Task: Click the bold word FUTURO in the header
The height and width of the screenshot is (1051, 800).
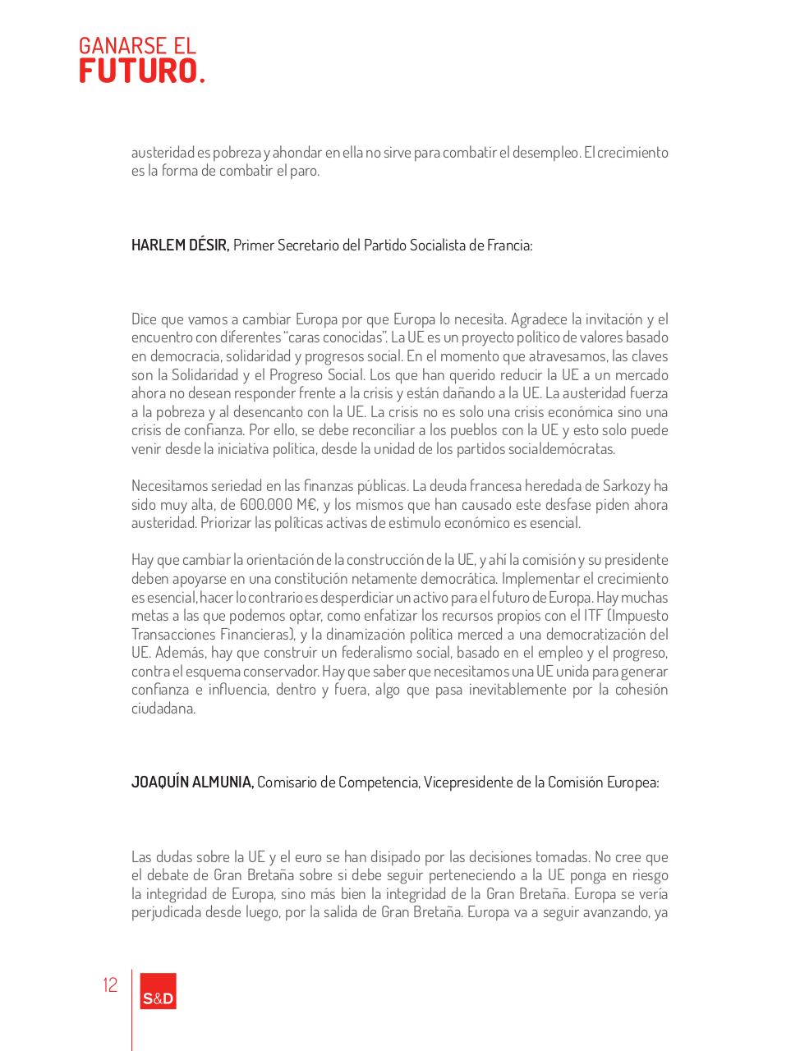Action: coord(138,71)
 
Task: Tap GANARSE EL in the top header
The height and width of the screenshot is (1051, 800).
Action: coord(137,46)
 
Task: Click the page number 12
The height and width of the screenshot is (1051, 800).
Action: coord(110,985)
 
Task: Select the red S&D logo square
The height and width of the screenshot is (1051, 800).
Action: coord(158,991)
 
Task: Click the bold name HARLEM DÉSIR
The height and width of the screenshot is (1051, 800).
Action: coord(180,246)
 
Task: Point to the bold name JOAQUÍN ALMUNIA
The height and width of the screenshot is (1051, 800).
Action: coord(192,783)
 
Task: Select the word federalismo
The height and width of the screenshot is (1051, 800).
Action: coord(361,653)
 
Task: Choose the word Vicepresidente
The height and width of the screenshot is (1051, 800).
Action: coord(469,783)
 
